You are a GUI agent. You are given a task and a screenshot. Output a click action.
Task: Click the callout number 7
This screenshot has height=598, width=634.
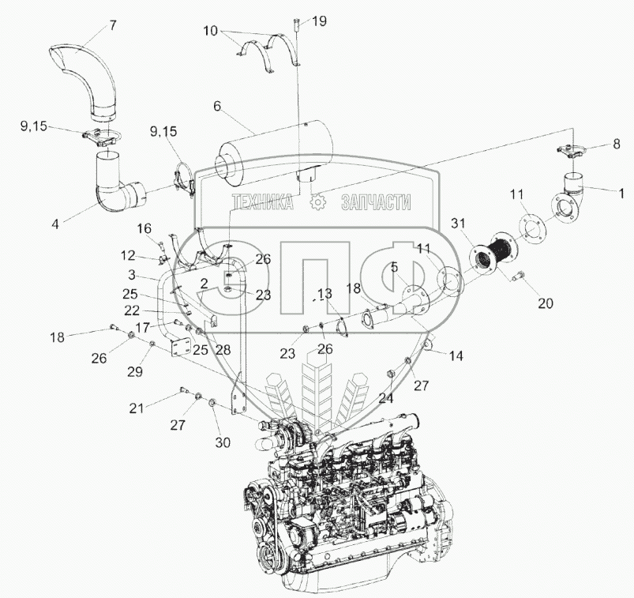tap(113, 24)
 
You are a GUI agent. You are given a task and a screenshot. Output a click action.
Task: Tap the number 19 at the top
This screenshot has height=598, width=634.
tap(317, 22)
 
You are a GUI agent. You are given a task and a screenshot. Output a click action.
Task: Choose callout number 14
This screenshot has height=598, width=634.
tap(456, 355)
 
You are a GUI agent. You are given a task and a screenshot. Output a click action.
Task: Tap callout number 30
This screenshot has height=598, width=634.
tap(223, 442)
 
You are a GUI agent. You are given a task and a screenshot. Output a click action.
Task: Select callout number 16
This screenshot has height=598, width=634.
tap(144, 228)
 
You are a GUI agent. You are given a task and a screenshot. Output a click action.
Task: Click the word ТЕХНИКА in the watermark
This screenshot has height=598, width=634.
tap(262, 203)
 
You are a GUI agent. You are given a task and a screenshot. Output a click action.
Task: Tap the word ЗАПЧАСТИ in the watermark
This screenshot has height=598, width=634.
tap(376, 203)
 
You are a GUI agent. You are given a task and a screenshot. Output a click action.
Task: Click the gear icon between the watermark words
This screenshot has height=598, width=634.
tap(318, 203)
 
